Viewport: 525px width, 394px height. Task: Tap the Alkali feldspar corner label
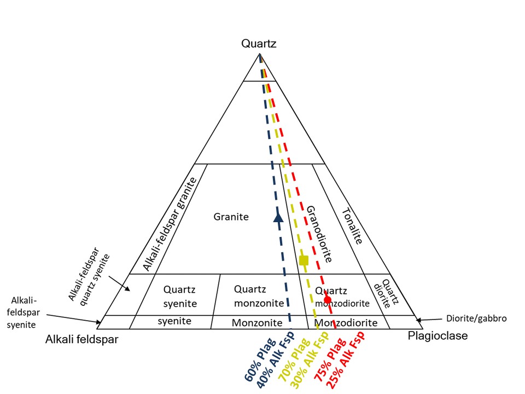coord(81,339)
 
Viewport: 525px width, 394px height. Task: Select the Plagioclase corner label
coord(437,335)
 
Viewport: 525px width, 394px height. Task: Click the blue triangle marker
coord(278,217)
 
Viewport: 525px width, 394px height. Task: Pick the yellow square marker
coord(304,260)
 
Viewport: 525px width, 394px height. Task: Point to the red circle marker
coord(327,299)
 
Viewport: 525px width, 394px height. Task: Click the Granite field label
coord(231,217)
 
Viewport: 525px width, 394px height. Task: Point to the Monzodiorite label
coord(347,323)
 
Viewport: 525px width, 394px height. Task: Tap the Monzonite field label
coord(256,323)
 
